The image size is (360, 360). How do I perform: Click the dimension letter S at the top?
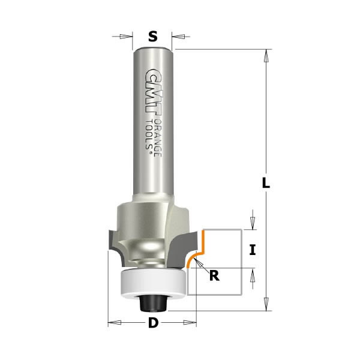pyautogui.click(x=153, y=36)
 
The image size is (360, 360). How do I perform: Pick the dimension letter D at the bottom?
pyautogui.click(x=153, y=323)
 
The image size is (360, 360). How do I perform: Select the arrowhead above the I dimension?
pyautogui.click(x=253, y=223)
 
